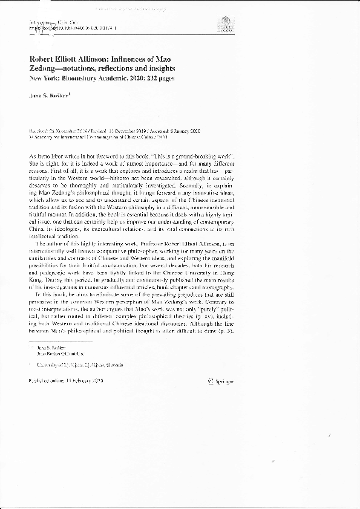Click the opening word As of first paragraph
click(33, 157)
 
